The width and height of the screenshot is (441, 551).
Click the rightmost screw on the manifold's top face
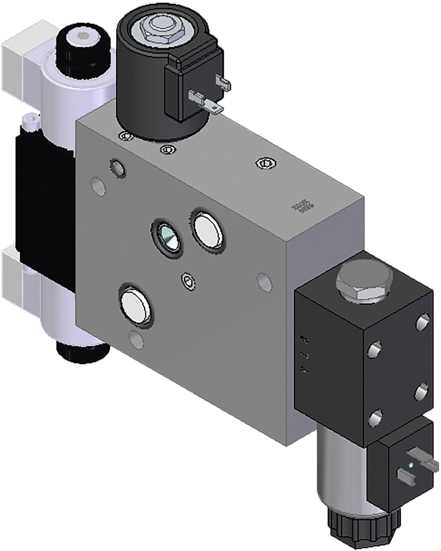[x=266, y=163]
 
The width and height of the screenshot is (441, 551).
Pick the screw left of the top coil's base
[x=126, y=136]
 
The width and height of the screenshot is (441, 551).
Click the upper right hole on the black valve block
[x=422, y=322]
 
